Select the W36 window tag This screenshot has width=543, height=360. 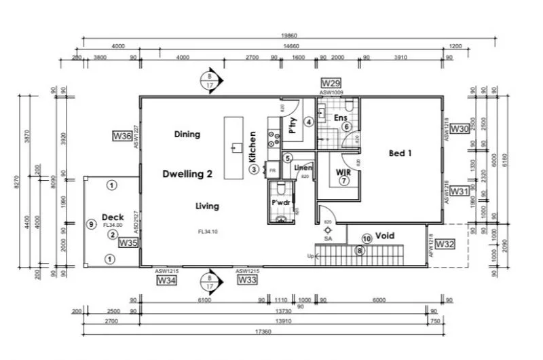(122, 137)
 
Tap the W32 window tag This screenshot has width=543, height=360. (445, 243)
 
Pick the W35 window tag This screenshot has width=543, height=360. (128, 242)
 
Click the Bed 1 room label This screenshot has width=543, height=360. (400, 154)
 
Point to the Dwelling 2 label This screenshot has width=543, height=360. (188, 174)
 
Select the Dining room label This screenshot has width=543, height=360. (187, 134)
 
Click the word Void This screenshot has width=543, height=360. (385, 236)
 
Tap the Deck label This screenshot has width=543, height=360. (112, 217)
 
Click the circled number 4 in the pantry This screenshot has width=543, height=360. (308, 122)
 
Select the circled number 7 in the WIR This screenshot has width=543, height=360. (344, 181)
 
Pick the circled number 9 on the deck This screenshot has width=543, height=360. (90, 224)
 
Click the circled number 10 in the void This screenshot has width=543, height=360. (367, 238)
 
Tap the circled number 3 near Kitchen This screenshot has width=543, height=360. (253, 170)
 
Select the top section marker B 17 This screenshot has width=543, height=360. (212, 81)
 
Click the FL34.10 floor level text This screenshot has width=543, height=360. (207, 232)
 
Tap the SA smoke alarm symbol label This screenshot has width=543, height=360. (328, 239)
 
